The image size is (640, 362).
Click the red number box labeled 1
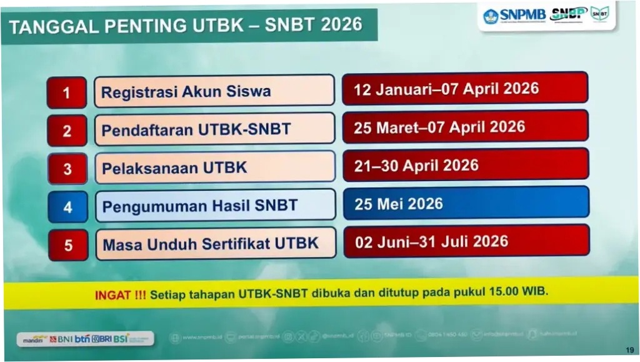tap(67, 93)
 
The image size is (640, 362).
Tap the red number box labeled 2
tap(67, 131)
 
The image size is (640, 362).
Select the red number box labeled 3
tap(67, 169)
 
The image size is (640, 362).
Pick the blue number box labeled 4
tap(67, 207)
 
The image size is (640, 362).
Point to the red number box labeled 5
tap(68, 245)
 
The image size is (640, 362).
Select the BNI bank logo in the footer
tap(62, 339)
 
